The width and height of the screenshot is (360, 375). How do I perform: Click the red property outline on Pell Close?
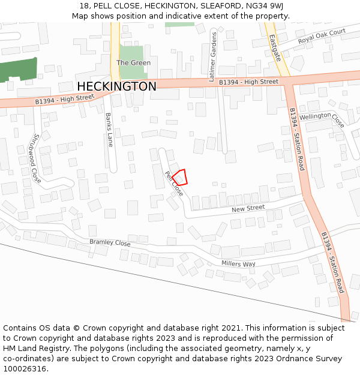tap(181, 177)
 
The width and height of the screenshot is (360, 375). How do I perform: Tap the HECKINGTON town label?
tap(117, 86)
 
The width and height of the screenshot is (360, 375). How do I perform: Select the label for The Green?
tap(133, 62)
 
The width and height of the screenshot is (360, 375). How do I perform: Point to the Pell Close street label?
tap(174, 184)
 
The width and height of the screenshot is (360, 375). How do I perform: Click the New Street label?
tap(248, 208)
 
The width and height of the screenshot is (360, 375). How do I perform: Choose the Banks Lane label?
tap(109, 130)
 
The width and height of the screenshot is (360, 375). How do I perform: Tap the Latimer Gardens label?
tap(212, 58)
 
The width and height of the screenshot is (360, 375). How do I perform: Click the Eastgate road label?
tap(275, 47)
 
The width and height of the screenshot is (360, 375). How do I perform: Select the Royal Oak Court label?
tap(322, 36)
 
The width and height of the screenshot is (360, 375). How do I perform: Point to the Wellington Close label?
tap(322, 119)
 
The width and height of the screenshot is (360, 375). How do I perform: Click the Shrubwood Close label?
tap(36, 158)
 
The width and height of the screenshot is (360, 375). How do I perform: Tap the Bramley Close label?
tap(110, 243)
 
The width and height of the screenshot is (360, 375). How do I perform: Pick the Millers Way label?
tap(238, 264)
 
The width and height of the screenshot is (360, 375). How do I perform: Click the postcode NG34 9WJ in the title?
tap(265, 5)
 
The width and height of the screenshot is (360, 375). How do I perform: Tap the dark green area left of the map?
tap(18, 70)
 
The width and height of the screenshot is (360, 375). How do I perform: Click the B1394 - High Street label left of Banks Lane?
tap(65, 99)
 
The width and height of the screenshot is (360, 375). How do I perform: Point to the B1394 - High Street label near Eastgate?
tap(248, 82)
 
